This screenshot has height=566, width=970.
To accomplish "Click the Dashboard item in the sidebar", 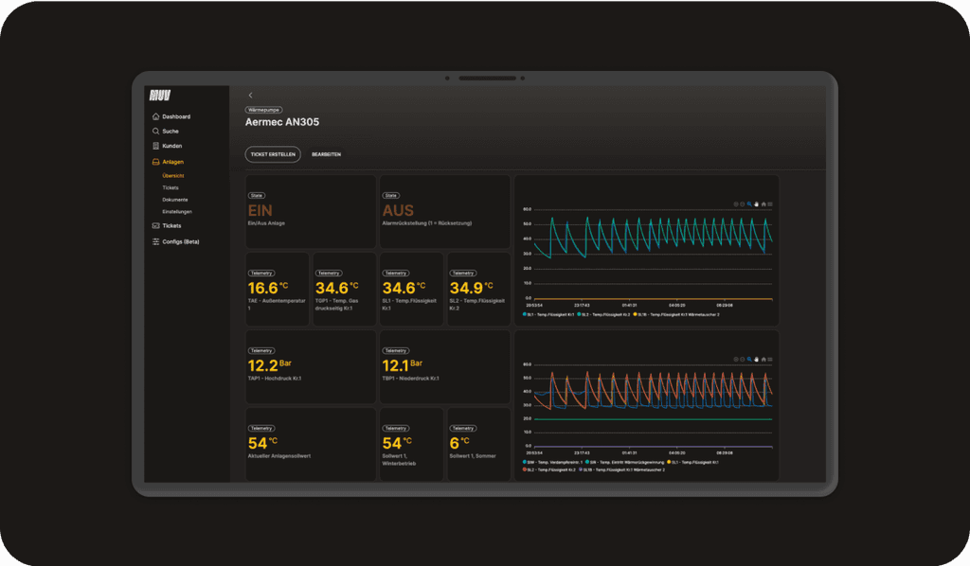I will (x=175, y=116).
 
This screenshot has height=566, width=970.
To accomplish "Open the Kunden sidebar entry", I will (x=171, y=147).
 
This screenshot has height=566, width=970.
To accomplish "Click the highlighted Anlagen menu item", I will (x=172, y=162).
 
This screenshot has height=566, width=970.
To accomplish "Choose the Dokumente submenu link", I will (x=174, y=200).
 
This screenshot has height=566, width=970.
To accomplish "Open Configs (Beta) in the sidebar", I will (x=180, y=241).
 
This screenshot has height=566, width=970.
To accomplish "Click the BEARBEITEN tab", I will (x=326, y=154).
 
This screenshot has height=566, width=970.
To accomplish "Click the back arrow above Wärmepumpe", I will (x=250, y=96).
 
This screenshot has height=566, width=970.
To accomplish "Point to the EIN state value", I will (x=260, y=211).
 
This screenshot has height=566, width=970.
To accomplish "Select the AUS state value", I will (x=398, y=211).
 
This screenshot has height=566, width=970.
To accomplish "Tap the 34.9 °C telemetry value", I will (x=466, y=288).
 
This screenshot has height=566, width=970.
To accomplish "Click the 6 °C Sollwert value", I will (x=455, y=443).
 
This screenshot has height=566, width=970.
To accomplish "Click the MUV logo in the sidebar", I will (x=158, y=95).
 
